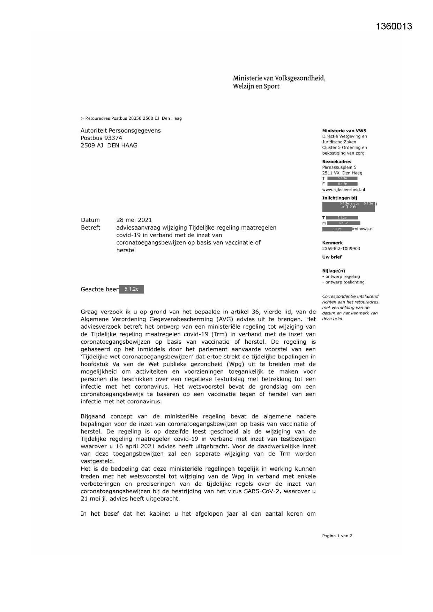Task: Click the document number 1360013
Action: (394, 27)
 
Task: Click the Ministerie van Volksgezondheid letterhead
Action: (279, 82)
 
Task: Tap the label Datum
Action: (90, 220)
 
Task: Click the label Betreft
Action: (91, 227)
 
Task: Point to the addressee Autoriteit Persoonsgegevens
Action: (121, 130)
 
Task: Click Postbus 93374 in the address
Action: (102, 138)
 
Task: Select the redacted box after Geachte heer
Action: (132, 289)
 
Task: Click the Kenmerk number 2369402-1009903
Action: (341, 248)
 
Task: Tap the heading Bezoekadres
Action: (337, 162)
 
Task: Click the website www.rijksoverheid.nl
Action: (343, 189)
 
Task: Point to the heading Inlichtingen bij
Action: (339, 198)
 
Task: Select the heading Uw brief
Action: (332, 257)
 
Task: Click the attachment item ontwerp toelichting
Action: (344, 282)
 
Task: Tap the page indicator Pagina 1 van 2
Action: (337, 536)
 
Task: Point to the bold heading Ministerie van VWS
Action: (344, 131)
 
